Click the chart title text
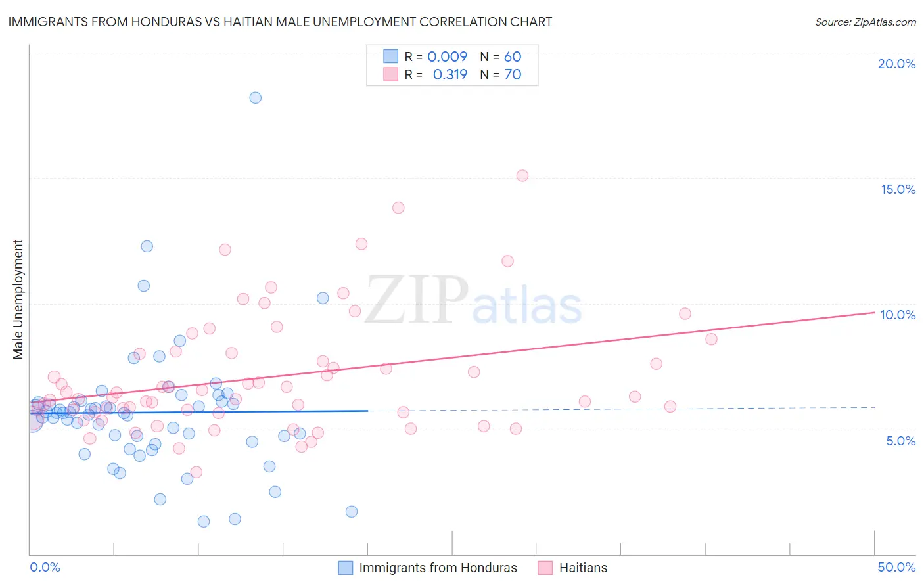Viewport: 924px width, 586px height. (x=280, y=22)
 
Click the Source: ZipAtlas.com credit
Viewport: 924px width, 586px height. (x=865, y=22)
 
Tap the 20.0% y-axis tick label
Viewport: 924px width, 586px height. (x=896, y=64)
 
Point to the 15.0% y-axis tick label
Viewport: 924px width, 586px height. (x=898, y=189)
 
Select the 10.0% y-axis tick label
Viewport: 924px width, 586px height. (x=898, y=315)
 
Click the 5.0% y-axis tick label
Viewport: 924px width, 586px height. (x=900, y=441)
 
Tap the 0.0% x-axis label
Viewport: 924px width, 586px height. (x=45, y=567)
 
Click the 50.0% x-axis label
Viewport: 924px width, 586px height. (x=896, y=567)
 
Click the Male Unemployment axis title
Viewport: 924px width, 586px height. (x=18, y=300)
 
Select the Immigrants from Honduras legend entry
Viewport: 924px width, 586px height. (x=438, y=568)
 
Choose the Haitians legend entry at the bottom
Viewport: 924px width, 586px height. (x=583, y=568)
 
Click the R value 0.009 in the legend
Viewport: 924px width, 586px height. (x=447, y=56)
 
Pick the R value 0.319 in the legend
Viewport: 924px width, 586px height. (x=450, y=74)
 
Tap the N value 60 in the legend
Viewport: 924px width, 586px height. (x=513, y=56)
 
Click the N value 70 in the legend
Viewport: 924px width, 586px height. (x=513, y=74)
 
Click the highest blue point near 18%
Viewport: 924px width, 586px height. (x=256, y=98)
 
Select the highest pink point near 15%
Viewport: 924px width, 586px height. (x=522, y=175)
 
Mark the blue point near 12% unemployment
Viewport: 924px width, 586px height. (x=147, y=246)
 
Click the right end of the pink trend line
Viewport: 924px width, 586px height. (x=874, y=313)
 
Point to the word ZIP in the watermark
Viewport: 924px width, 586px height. (x=417, y=300)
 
